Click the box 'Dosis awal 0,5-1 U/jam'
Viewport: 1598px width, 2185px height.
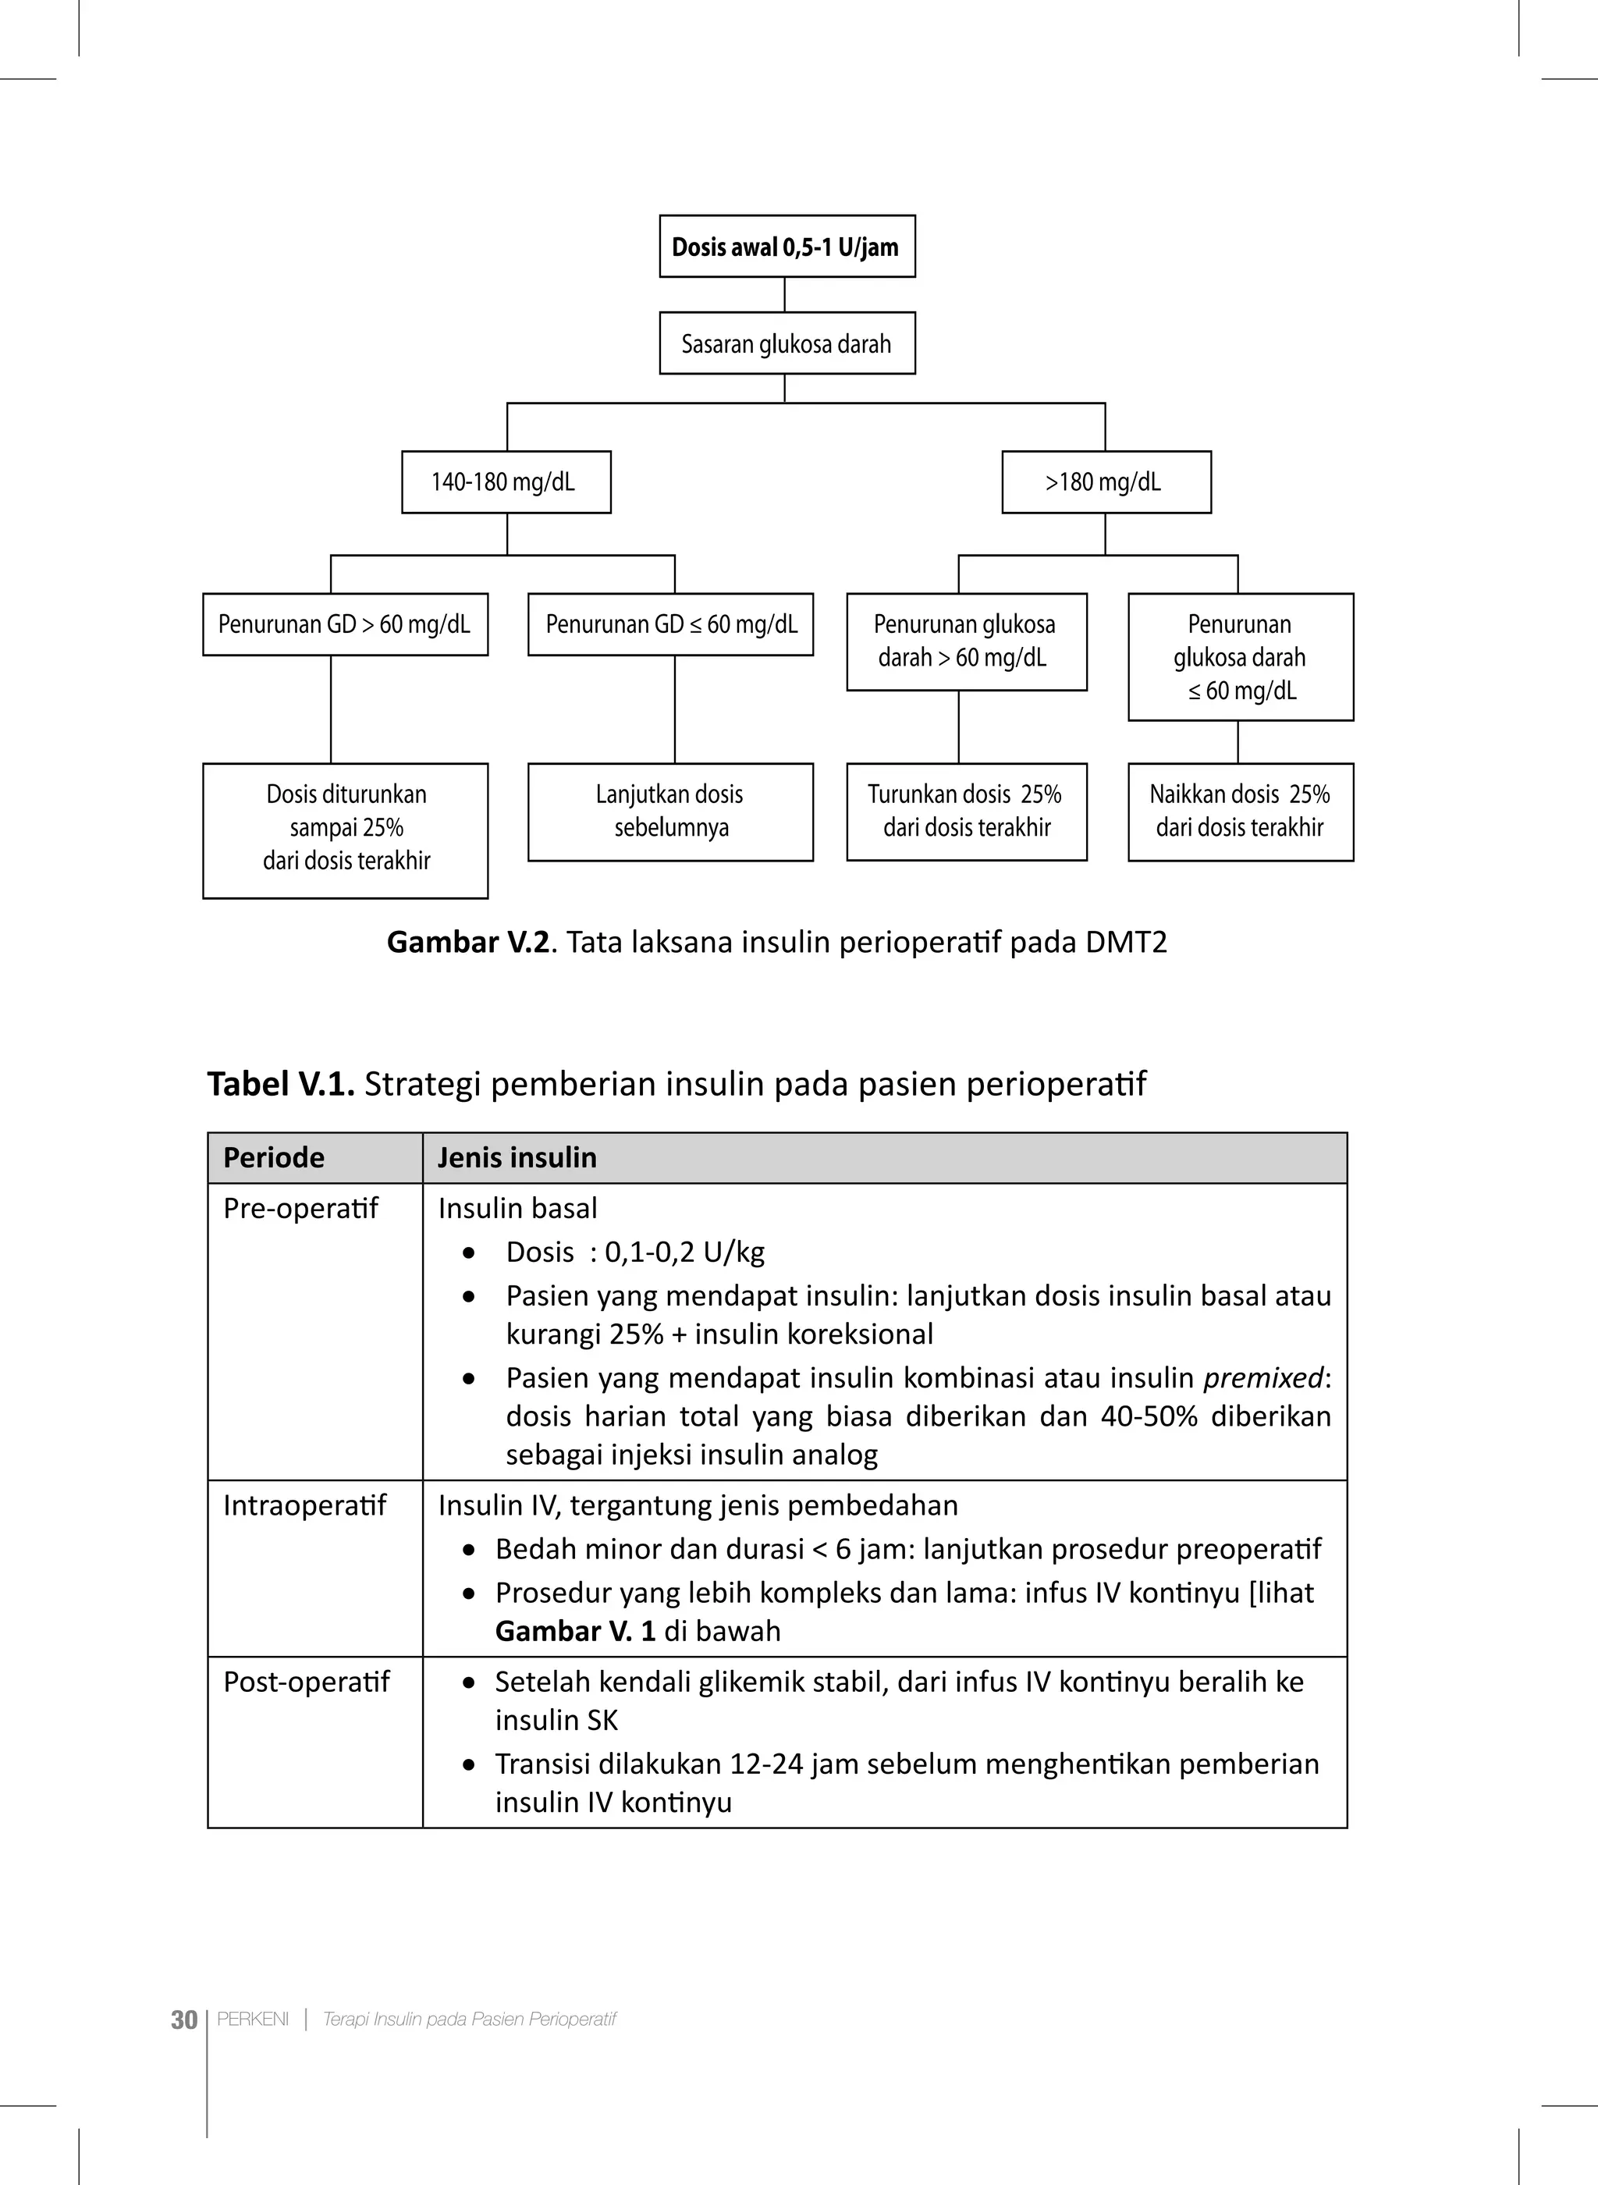pyautogui.click(x=787, y=247)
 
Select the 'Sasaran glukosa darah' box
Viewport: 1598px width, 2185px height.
pyautogui.click(x=787, y=343)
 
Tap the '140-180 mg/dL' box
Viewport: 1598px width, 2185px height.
pyautogui.click(x=506, y=481)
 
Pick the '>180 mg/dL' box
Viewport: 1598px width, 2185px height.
pyautogui.click(x=1106, y=481)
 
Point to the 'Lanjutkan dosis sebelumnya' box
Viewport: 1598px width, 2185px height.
pyautogui.click(x=670, y=811)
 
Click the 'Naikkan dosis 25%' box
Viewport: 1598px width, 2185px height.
pyautogui.click(x=1240, y=811)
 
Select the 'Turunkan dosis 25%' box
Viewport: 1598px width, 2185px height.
pyautogui.click(x=966, y=811)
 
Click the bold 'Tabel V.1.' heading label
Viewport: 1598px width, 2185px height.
pyautogui.click(x=281, y=1083)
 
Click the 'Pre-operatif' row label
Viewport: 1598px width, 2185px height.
pyautogui.click(x=301, y=1208)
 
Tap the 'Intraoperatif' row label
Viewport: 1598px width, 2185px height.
pyautogui.click(x=305, y=1505)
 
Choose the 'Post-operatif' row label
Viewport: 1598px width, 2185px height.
pyautogui.click(x=306, y=1681)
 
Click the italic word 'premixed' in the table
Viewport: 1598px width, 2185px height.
pyautogui.click(x=1263, y=1377)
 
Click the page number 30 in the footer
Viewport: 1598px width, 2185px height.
pyautogui.click(x=184, y=2020)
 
